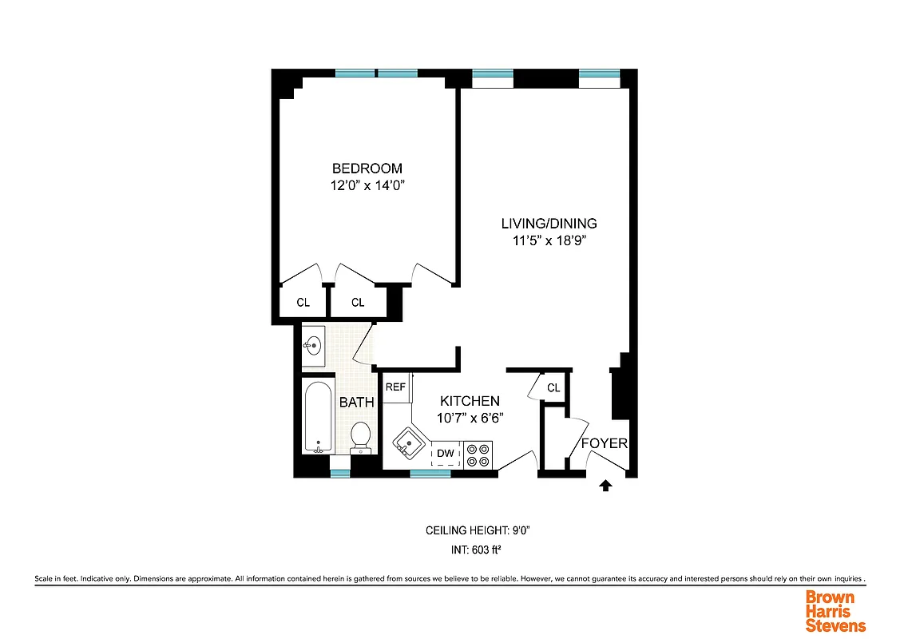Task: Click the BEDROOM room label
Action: coord(367,169)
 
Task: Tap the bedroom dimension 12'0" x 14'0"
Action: coord(367,185)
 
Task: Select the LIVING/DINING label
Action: coord(549,224)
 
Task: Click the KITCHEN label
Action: coord(470,401)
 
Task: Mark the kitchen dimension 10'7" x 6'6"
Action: coord(470,418)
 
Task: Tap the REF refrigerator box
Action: coord(396,387)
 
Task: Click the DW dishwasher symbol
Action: coord(446,454)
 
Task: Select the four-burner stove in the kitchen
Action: coord(478,455)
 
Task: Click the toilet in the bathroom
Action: coord(361,438)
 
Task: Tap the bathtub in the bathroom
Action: coord(318,418)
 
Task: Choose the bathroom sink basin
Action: coord(312,346)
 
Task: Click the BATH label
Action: coord(356,403)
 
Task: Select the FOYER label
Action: coord(604,443)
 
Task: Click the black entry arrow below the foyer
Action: coord(605,484)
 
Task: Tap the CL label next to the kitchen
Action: coord(553,388)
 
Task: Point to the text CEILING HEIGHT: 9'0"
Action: coord(478,530)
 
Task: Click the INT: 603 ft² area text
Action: coord(478,550)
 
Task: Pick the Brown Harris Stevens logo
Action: coord(835,610)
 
